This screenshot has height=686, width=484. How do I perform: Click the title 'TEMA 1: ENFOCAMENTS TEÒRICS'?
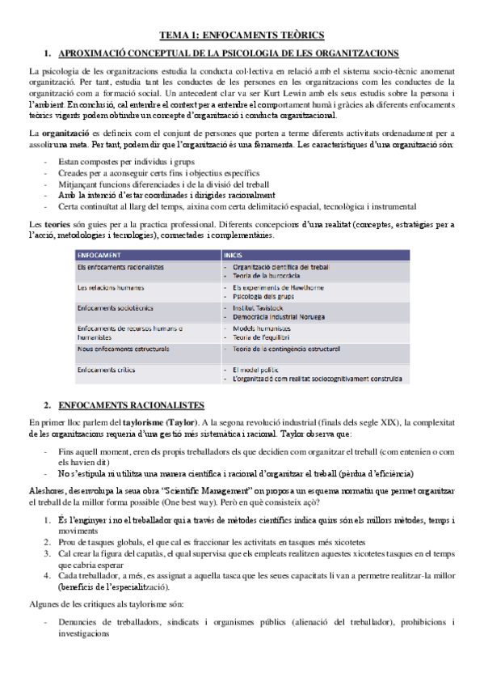coord(242,35)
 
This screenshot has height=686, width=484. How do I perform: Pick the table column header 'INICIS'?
coord(234,254)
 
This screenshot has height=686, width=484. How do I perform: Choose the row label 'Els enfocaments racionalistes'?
coord(120,266)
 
